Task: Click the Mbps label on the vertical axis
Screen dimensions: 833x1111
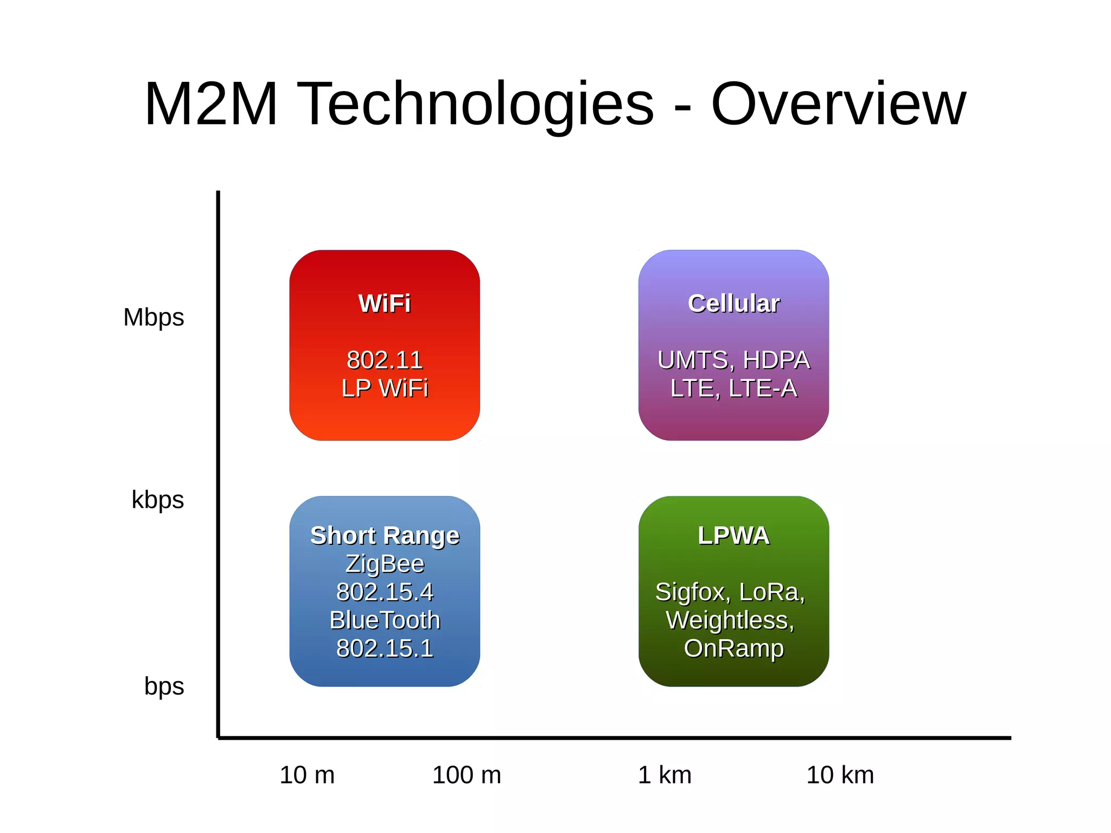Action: coord(154,317)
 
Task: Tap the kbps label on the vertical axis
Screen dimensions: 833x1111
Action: coord(157,500)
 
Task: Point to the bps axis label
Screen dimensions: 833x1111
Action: coord(164,686)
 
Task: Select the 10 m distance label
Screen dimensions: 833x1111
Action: coord(307,775)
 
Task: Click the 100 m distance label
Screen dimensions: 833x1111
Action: coord(467,775)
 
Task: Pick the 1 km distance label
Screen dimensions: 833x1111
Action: coord(665,775)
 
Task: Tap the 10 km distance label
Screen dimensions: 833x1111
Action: coord(840,775)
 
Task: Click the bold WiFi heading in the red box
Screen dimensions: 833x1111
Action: coord(385,303)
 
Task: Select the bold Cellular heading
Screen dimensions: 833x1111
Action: coord(733,303)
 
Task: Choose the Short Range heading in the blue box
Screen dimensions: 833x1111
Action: coord(385,536)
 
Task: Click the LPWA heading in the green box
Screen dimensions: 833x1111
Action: coord(733,536)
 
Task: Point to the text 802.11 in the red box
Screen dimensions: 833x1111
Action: coord(385,360)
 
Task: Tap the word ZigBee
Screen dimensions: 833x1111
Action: coord(385,564)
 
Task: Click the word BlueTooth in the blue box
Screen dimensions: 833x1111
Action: coord(385,620)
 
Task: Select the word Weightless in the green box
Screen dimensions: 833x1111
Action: coord(728,620)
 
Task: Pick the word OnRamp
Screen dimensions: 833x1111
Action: coord(733,648)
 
